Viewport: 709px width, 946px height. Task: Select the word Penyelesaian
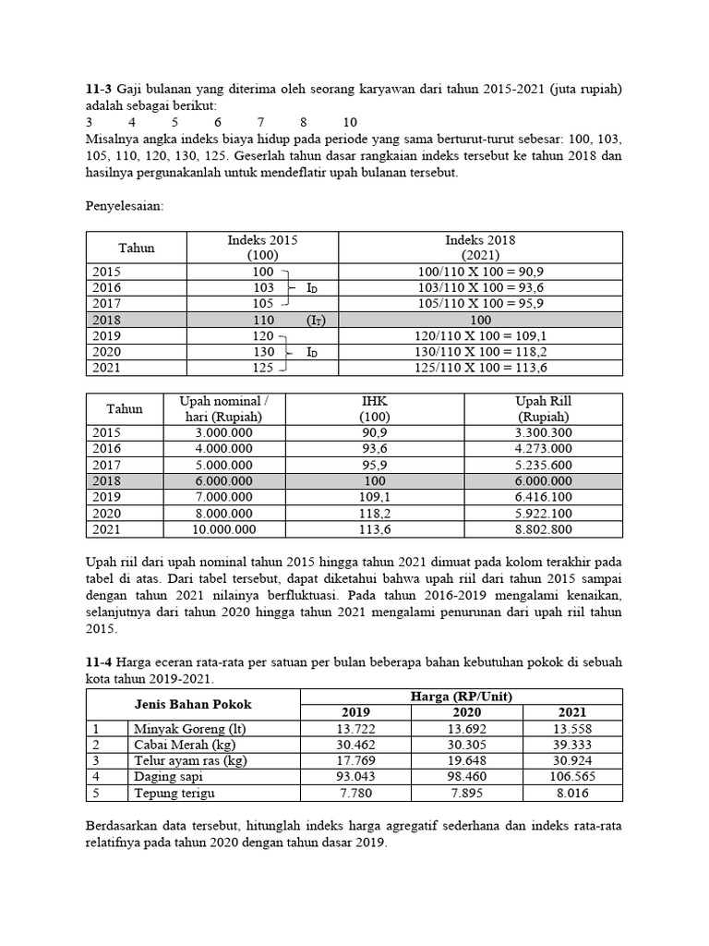tap(124, 206)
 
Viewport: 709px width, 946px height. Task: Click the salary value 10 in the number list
tap(350, 122)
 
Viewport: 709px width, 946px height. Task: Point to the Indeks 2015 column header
tap(263, 247)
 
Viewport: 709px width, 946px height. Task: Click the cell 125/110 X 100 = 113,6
tap(480, 368)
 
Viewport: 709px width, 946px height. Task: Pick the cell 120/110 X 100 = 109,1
tap(480, 336)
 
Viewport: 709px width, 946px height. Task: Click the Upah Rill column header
tap(543, 408)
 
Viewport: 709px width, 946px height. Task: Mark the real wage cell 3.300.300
tap(543, 432)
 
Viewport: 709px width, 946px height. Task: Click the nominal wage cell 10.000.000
tap(222, 529)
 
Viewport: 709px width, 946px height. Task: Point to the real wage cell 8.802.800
tap(543, 529)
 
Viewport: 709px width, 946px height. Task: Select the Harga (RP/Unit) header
tap(463, 696)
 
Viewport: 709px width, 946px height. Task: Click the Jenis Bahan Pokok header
tap(194, 704)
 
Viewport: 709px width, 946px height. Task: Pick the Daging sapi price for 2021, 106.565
tap(572, 776)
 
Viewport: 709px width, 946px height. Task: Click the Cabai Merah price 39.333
tap(572, 745)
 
